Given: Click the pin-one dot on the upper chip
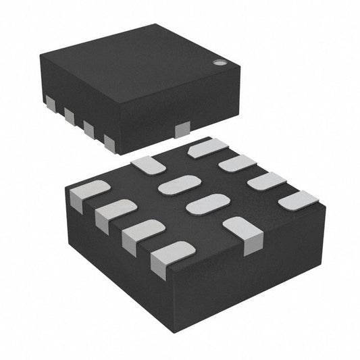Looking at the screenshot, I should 220,62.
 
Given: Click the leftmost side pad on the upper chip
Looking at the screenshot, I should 50,101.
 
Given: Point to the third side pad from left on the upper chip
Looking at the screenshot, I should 89,128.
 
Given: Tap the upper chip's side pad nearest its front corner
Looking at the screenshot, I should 109,140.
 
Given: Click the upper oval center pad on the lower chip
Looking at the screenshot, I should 180,184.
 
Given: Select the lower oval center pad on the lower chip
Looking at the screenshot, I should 207,204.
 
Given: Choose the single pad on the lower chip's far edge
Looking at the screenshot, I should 145,163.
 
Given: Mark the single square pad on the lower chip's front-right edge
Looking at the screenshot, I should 243,233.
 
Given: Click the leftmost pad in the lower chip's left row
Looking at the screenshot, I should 88,193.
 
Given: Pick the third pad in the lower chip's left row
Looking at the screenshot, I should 142,233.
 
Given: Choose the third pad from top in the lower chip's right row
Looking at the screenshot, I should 267,182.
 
